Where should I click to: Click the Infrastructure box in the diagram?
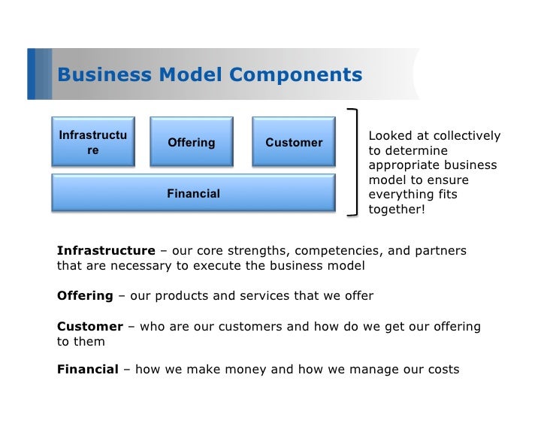click(92, 142)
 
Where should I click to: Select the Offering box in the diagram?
click(191, 142)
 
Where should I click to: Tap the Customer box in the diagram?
click(293, 142)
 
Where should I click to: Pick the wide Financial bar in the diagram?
click(193, 193)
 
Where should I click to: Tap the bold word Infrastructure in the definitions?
click(106, 250)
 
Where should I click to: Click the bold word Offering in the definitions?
click(84, 295)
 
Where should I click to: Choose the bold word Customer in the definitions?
click(89, 326)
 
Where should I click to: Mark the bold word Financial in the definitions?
click(88, 369)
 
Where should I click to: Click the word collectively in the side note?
click(467, 136)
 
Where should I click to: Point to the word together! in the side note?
click(396, 210)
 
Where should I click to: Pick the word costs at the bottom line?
click(442, 369)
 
